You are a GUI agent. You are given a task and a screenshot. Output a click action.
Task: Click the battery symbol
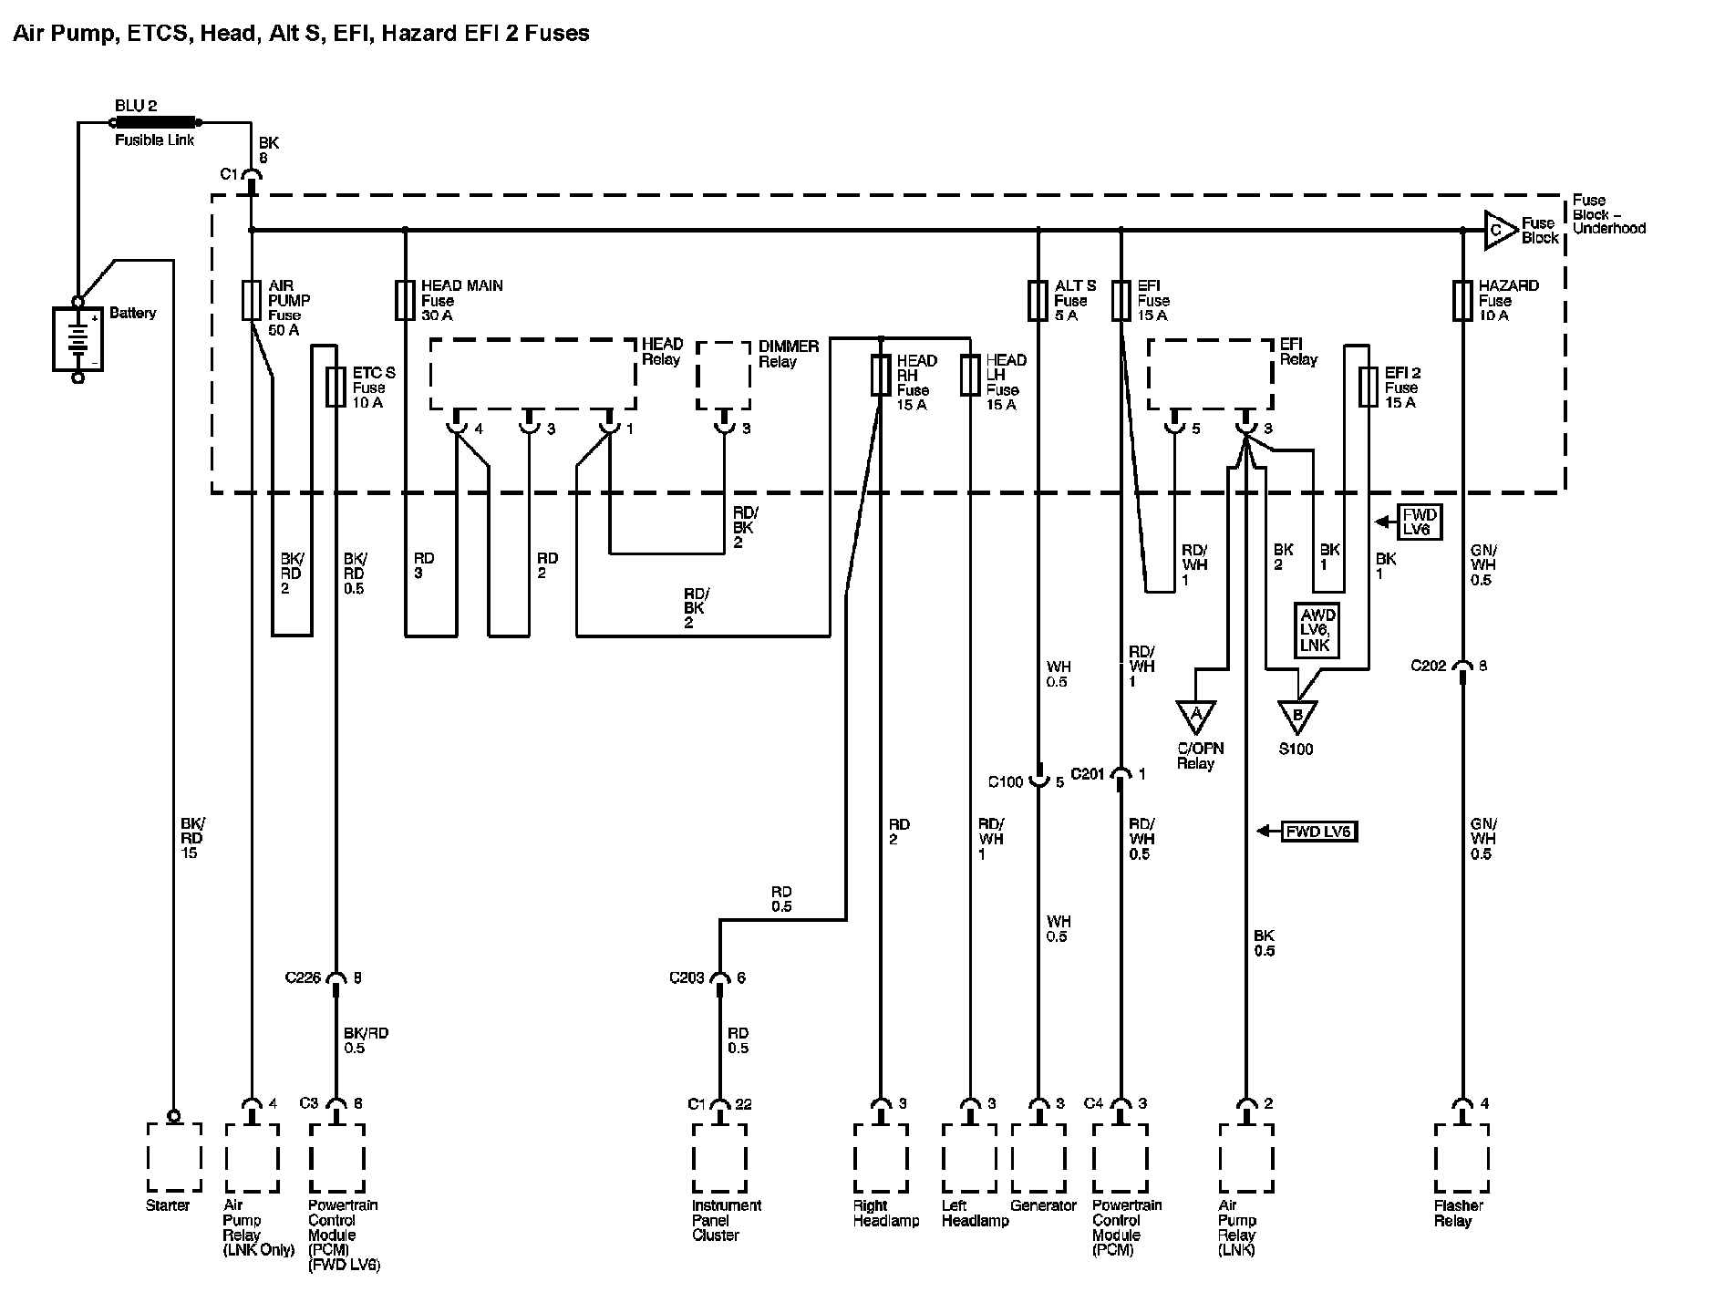click(77, 338)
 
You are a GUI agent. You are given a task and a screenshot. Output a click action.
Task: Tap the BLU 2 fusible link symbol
click(155, 121)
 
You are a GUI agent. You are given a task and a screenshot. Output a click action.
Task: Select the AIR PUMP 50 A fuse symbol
click(252, 300)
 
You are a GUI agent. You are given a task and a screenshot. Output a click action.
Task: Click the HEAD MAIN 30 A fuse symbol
click(405, 300)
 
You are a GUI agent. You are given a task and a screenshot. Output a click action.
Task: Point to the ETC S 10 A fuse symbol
click(336, 387)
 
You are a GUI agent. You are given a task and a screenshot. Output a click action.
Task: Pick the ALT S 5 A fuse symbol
click(1038, 300)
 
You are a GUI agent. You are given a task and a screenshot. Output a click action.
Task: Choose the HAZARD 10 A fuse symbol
click(1462, 300)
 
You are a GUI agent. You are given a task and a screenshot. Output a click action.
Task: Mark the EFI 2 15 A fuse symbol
click(1368, 387)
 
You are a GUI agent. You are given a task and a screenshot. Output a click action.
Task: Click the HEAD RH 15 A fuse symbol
click(880, 375)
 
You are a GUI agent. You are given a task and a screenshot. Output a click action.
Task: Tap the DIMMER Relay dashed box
click(724, 376)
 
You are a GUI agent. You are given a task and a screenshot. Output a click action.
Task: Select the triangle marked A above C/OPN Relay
click(1195, 715)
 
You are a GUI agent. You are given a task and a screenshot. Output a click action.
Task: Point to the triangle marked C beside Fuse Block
click(1499, 230)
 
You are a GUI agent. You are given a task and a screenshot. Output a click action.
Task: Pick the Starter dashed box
click(174, 1156)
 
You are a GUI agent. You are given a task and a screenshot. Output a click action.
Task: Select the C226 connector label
click(303, 978)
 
